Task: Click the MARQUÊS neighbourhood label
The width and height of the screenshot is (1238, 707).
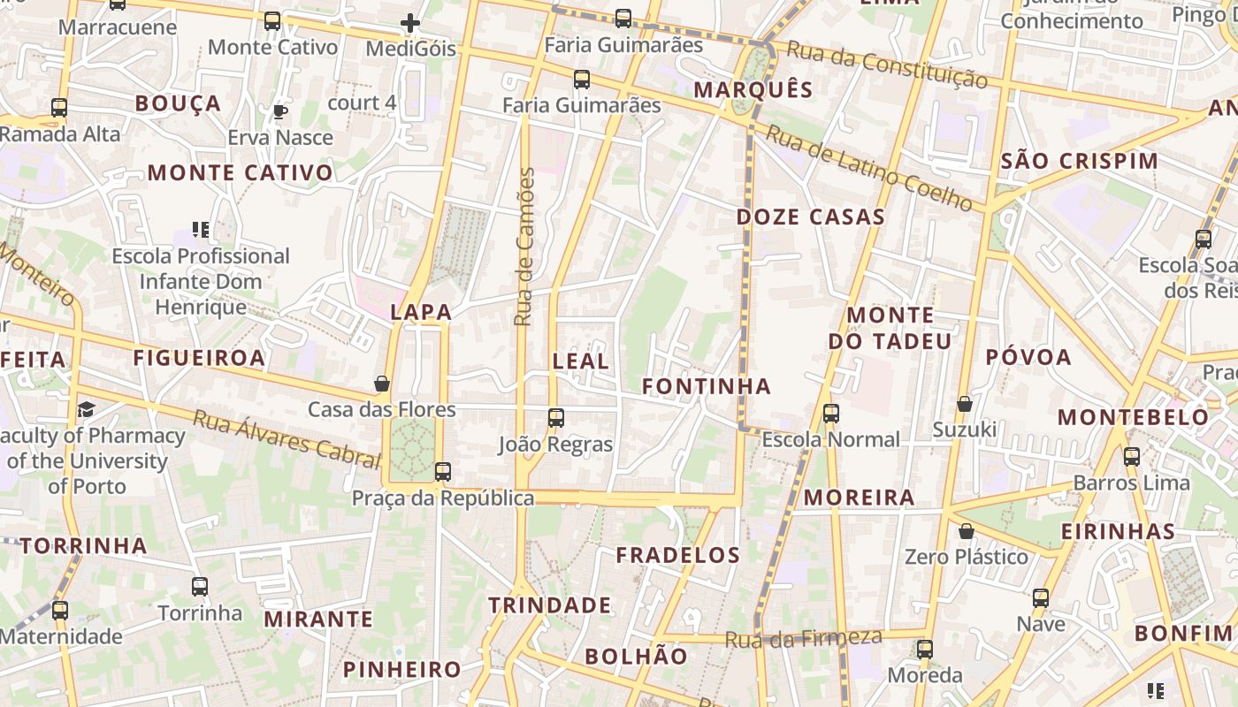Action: pyautogui.click(x=753, y=89)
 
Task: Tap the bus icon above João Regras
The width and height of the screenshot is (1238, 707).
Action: pyautogui.click(x=556, y=418)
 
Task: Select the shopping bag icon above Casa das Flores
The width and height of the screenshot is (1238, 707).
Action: pyautogui.click(x=382, y=384)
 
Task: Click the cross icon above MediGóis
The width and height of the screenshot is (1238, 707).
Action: pyautogui.click(x=410, y=23)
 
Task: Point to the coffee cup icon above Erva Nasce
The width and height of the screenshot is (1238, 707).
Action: pyautogui.click(x=280, y=111)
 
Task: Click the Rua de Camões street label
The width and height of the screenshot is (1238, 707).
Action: pyautogui.click(x=525, y=247)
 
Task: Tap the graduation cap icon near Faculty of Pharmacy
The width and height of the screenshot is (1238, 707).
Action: pyautogui.click(x=86, y=409)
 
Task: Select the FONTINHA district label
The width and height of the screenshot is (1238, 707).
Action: pyautogui.click(x=706, y=386)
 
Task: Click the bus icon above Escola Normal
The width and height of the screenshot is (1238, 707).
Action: pyautogui.click(x=830, y=413)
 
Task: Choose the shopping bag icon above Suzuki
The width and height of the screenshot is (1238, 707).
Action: pyautogui.click(x=965, y=404)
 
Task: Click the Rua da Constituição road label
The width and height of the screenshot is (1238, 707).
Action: pyautogui.click(x=887, y=65)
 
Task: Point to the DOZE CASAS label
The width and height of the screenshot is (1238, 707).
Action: pyautogui.click(x=810, y=217)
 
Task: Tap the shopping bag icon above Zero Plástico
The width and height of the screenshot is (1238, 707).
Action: pyautogui.click(x=967, y=531)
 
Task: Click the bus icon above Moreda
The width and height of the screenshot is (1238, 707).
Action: pyautogui.click(x=924, y=649)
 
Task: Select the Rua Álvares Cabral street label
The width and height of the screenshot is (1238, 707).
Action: pyautogui.click(x=286, y=438)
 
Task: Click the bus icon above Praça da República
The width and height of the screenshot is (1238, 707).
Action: pyautogui.click(x=443, y=472)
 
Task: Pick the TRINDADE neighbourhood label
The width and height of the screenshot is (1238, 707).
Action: pyautogui.click(x=549, y=605)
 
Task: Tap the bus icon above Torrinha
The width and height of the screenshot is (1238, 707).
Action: pyautogui.click(x=200, y=586)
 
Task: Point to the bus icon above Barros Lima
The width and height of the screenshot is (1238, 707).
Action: pyautogui.click(x=1132, y=457)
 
